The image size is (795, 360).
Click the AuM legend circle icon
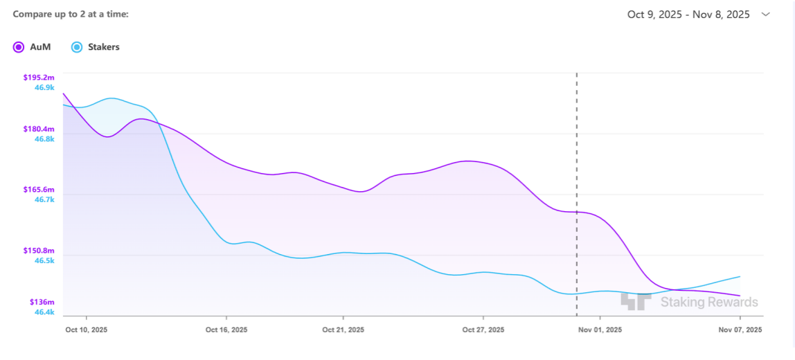point(19,47)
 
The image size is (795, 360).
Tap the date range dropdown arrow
point(765,15)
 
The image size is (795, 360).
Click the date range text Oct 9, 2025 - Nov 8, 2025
point(688,15)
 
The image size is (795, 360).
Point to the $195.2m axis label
point(39,78)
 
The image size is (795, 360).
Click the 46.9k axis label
point(44,88)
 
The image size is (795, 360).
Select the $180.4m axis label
point(39,129)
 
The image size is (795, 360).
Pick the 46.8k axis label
point(44,139)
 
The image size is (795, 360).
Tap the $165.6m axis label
point(39,190)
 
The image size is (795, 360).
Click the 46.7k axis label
point(44,199)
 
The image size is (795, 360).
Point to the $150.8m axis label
point(39,251)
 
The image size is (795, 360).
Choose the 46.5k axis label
point(44,260)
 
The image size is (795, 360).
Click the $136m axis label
point(42,302)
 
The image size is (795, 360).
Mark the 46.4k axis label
point(44,312)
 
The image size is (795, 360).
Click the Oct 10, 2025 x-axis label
point(86,330)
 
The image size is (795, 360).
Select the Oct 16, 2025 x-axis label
point(226,330)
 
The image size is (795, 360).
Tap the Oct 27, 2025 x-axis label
point(483,330)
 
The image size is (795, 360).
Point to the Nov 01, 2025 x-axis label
point(600,330)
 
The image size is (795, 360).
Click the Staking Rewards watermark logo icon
point(636,301)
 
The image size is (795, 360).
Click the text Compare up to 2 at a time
point(71,14)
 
